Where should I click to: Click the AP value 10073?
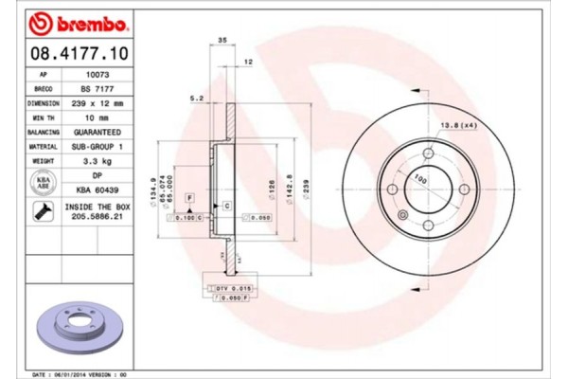click(98, 73)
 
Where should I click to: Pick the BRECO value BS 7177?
click(98, 87)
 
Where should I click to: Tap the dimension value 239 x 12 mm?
click(98, 102)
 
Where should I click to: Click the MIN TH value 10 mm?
click(98, 117)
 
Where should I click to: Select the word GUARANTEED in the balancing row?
click(98, 132)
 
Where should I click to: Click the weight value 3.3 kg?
click(98, 161)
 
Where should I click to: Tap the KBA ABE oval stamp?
click(43, 183)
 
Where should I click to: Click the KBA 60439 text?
click(98, 189)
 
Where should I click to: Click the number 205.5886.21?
click(98, 216)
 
